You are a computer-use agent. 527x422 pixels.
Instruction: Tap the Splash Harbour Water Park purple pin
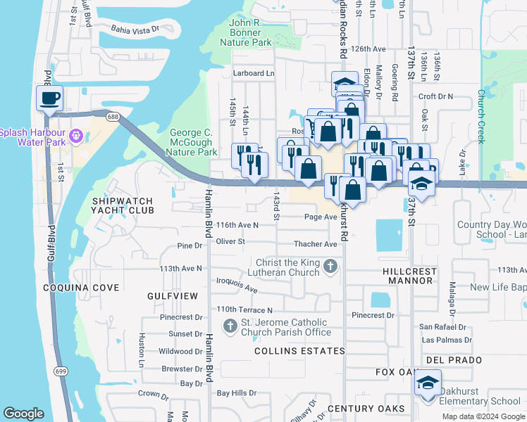[x=77, y=134]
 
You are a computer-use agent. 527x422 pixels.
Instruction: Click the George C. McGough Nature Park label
[x=194, y=142]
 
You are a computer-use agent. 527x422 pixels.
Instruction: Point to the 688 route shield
[x=113, y=114]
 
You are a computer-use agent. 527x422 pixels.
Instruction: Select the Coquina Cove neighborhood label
[x=80, y=288]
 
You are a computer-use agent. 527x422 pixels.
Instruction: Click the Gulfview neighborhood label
[x=173, y=297]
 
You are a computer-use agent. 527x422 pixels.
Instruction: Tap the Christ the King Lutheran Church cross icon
[x=330, y=267]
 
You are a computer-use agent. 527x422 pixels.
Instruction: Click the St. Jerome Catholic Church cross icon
[x=230, y=326]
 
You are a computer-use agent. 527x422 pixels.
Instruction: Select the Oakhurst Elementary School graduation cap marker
[x=427, y=383]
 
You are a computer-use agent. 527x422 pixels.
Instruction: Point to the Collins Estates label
[x=299, y=350]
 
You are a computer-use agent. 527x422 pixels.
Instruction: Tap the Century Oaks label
[x=366, y=409]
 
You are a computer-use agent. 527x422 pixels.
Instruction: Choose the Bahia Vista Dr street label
[x=135, y=29]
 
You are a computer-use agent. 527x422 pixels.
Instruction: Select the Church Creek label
[x=481, y=117]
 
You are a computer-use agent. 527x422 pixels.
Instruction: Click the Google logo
[x=24, y=414]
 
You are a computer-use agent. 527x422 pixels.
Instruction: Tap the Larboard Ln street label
[x=253, y=73]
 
